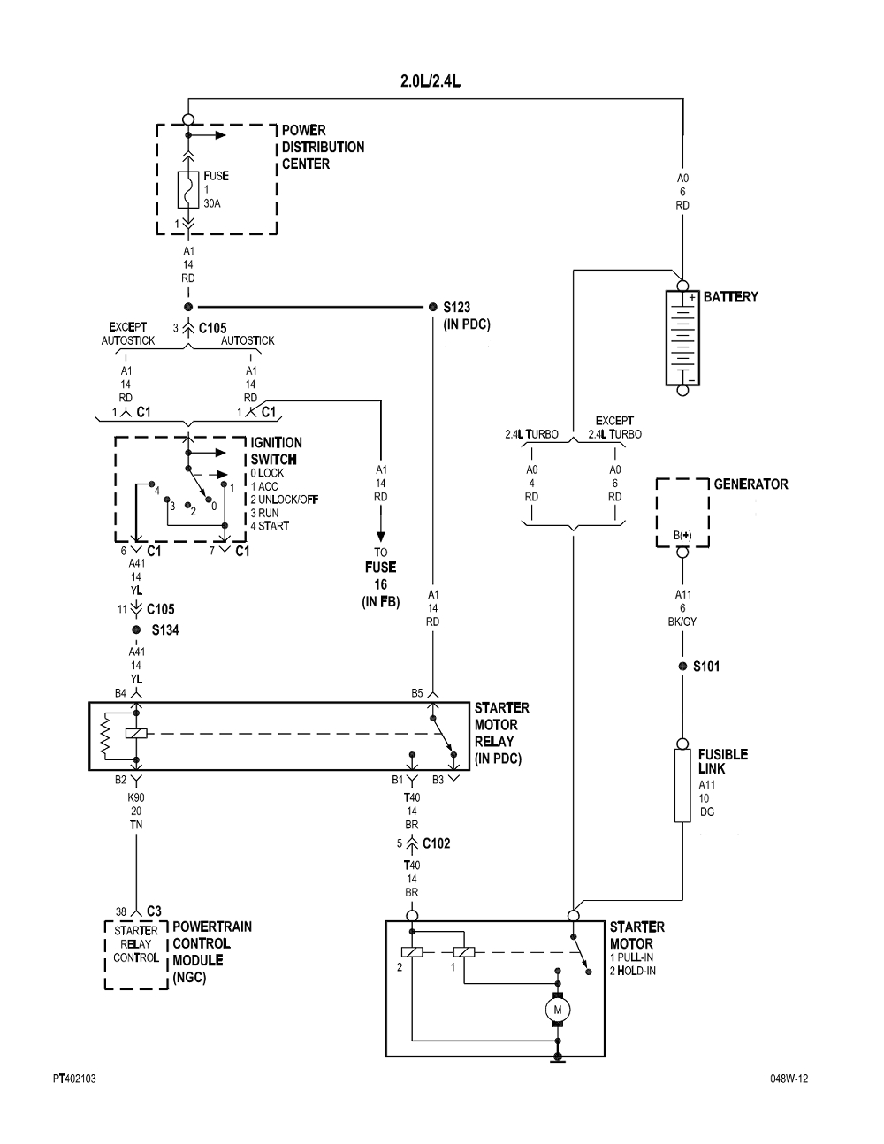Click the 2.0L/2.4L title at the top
(x=431, y=81)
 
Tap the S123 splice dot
(x=432, y=307)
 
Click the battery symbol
(x=682, y=337)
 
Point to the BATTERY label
(x=730, y=297)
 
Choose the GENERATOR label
(x=751, y=484)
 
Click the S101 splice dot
(x=682, y=666)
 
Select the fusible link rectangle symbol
(x=682, y=785)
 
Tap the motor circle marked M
(x=558, y=1010)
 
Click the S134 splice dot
(x=136, y=629)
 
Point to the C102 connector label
(x=436, y=843)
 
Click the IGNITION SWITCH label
(x=276, y=451)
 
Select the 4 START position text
(x=270, y=526)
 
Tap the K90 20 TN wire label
(x=136, y=812)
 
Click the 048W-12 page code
(x=789, y=1079)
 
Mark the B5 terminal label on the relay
(x=417, y=693)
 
